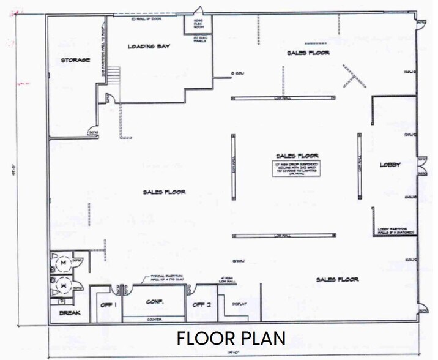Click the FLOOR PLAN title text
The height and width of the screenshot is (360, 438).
pos(231,339)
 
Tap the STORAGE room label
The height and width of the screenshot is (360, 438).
pos(75,60)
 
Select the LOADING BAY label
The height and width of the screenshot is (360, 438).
pos(149,47)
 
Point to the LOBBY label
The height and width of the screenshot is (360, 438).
pos(390,165)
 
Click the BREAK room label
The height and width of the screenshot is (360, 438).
pos(65,313)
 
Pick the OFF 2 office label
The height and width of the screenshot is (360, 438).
pos(201,304)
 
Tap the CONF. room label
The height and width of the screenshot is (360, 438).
pos(154,302)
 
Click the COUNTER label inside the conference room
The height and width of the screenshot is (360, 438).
pos(154,318)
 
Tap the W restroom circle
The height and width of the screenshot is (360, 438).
pos(62,284)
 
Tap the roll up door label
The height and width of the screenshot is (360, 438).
pos(146,19)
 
